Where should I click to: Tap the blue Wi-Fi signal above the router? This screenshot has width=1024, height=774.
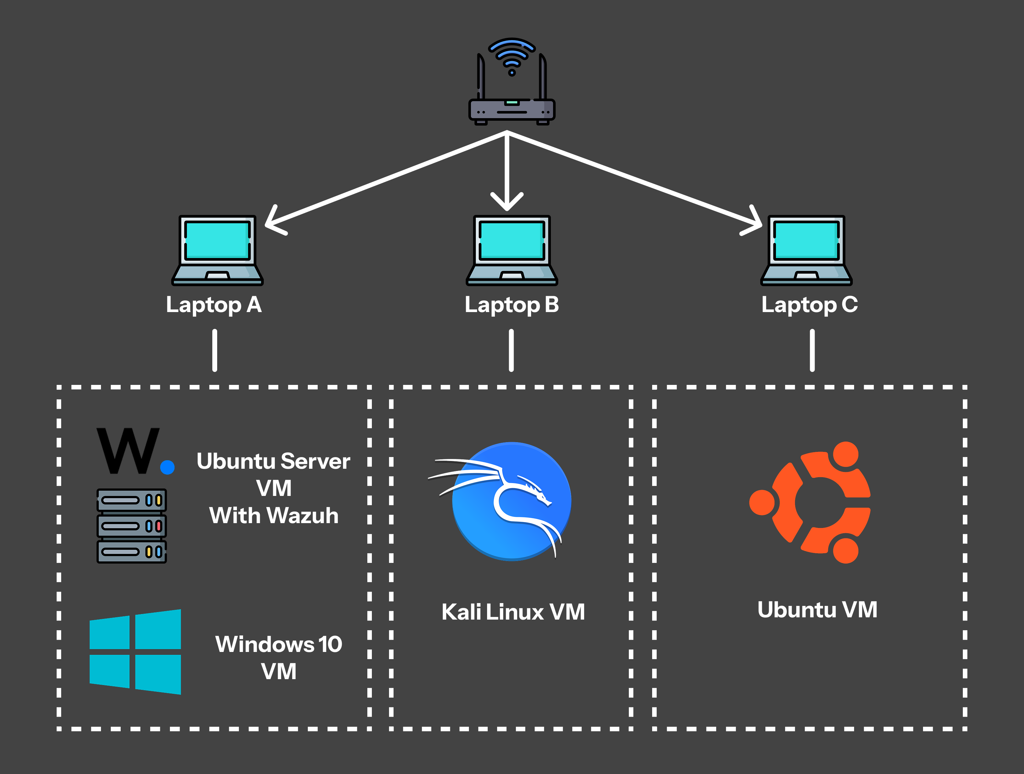(512, 56)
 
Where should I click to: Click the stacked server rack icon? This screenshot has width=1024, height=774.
(131, 526)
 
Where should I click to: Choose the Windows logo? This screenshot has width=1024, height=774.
(135, 652)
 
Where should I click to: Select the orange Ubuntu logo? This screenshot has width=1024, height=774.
(810, 503)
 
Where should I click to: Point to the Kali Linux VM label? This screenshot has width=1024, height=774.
(513, 612)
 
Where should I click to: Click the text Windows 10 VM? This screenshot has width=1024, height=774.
(279, 658)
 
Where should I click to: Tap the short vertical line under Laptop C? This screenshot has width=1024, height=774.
(812, 351)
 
